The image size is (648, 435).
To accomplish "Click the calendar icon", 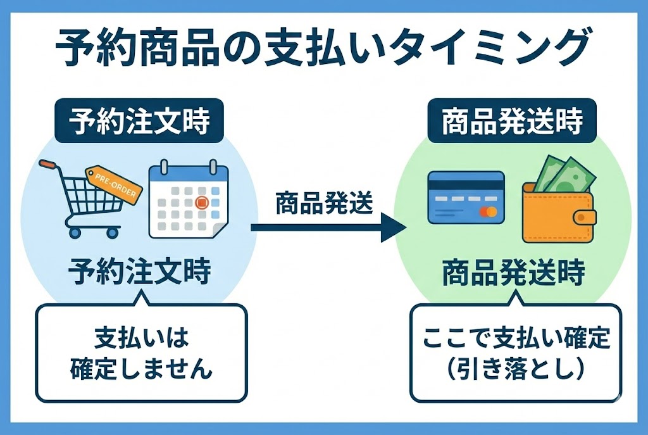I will (188, 199).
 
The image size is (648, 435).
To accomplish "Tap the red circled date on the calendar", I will (201, 203).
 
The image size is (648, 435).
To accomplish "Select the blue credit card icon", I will (466, 197).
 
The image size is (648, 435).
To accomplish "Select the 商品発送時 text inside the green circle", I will (512, 273).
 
